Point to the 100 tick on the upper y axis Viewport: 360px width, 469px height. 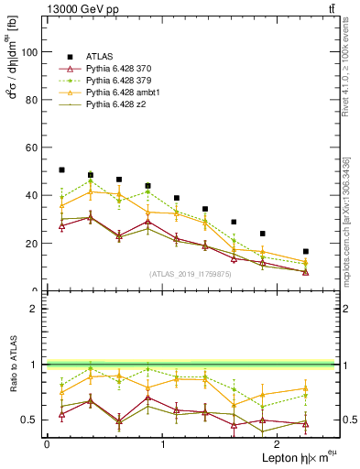point(30,52)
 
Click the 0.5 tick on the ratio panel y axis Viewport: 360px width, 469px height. point(30,420)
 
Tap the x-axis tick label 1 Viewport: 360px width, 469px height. point(163,444)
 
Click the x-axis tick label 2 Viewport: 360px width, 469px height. point(278,444)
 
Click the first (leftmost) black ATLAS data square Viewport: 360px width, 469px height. point(61,169)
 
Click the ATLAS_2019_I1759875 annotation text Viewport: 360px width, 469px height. point(191,274)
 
